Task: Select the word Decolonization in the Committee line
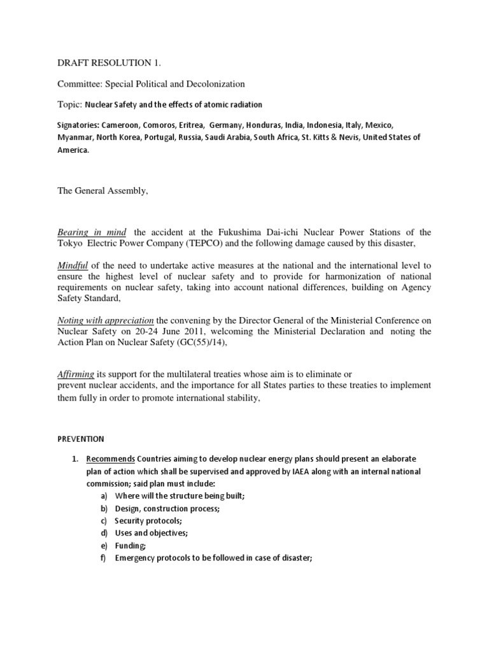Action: click(x=215, y=84)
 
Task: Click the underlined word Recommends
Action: click(x=110, y=459)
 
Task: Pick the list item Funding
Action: click(x=131, y=546)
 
